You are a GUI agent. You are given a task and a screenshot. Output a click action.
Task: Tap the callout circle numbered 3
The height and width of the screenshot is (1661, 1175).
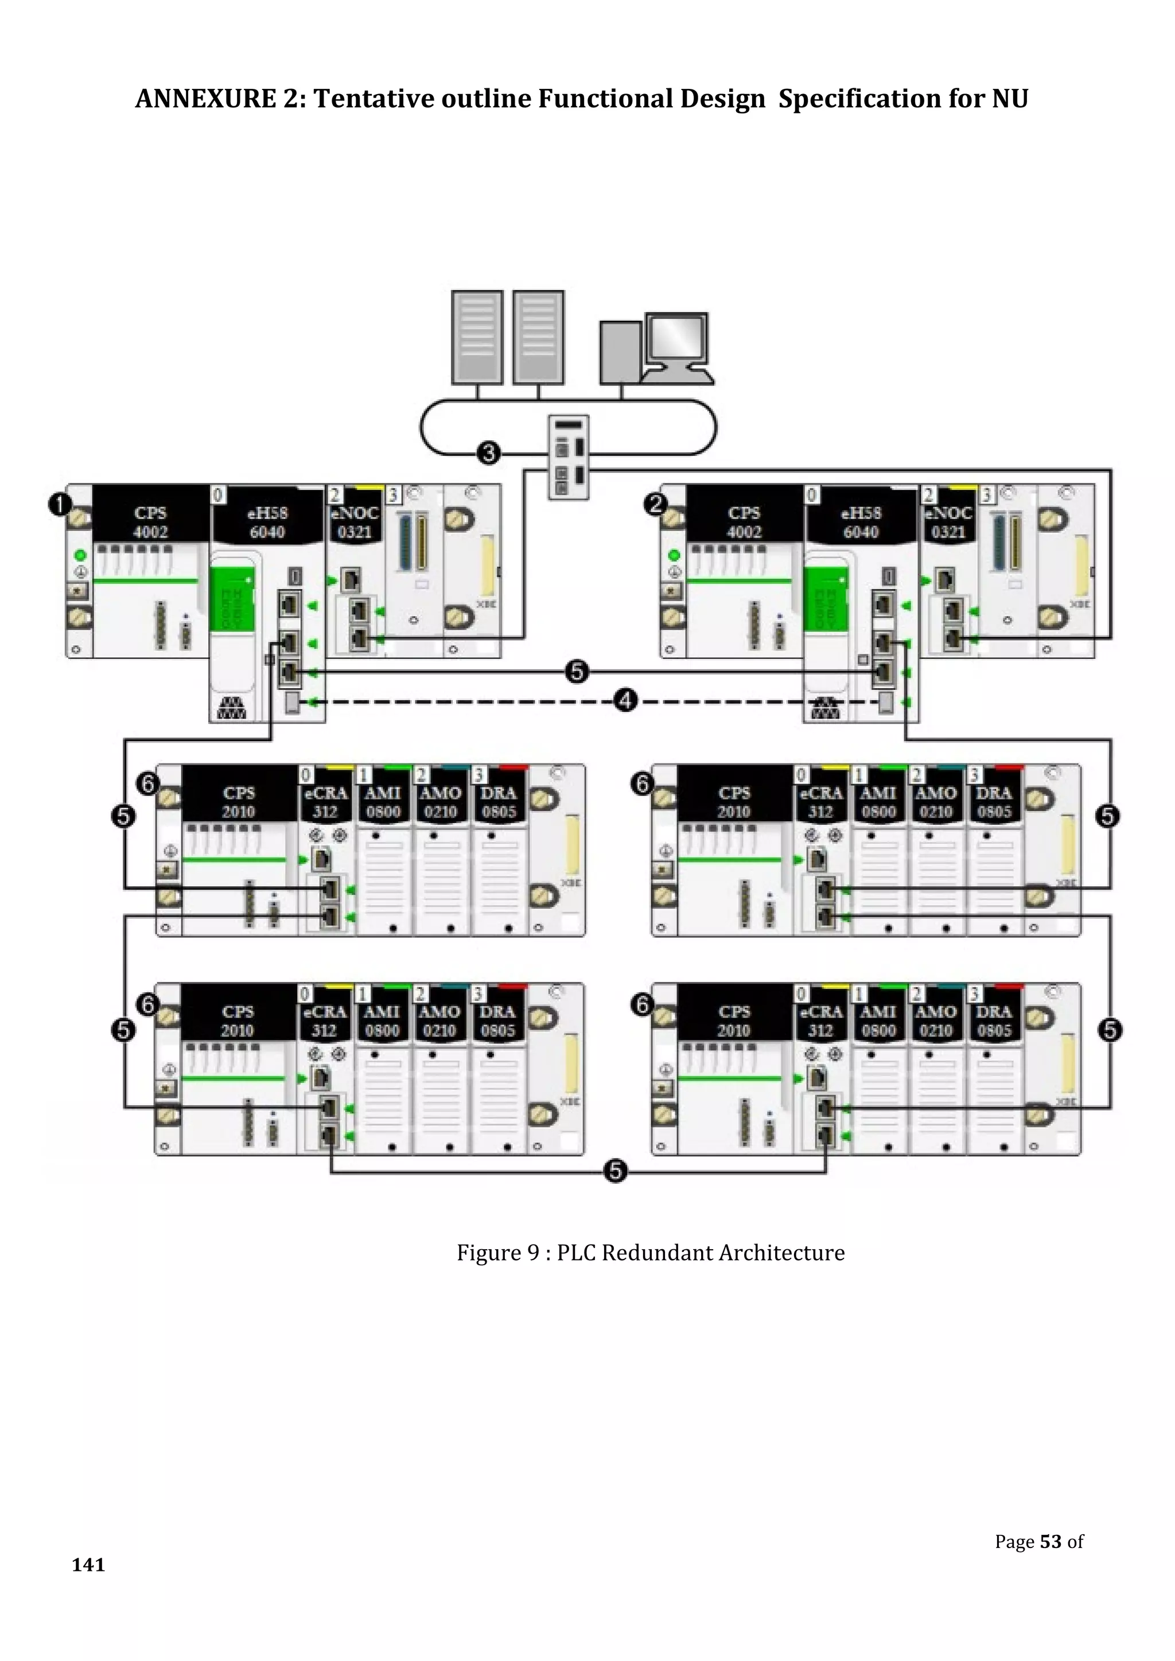489,454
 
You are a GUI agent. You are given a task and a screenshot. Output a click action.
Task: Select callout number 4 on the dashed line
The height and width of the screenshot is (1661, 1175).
625,700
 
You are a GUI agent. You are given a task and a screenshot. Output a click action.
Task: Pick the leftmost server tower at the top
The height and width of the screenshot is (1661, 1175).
477,337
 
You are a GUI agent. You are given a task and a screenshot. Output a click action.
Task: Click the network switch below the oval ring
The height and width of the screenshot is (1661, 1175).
568,457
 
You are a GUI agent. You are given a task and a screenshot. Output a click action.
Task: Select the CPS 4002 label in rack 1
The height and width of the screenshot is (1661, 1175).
150,523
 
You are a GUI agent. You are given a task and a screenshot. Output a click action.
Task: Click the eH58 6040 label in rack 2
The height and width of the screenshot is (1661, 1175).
861,523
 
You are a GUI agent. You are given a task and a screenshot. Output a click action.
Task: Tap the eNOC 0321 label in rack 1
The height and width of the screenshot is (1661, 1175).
355,523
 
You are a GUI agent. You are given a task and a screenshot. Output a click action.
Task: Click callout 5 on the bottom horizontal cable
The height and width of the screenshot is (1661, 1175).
615,1171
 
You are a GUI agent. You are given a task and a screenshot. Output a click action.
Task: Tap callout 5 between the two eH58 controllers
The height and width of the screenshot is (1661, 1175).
577,672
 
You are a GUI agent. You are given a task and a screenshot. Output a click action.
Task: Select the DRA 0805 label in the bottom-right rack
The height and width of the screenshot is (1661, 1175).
993,1021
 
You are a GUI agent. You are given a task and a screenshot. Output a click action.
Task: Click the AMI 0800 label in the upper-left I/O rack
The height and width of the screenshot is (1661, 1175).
383,802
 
